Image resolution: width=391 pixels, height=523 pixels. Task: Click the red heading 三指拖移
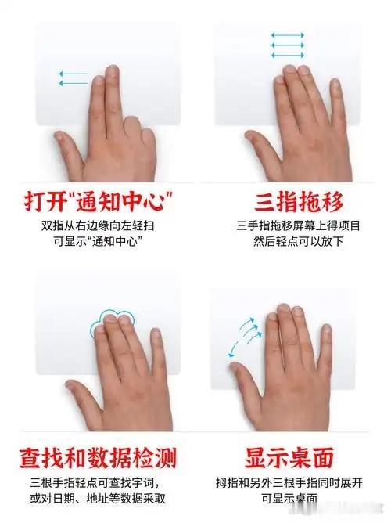tap(299, 202)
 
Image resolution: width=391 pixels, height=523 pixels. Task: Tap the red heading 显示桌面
tap(289, 457)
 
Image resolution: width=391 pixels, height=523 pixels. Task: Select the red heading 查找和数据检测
tap(98, 457)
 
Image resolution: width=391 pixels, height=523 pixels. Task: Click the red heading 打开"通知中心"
tap(99, 201)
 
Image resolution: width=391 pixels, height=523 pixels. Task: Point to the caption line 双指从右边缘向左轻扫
tap(98, 225)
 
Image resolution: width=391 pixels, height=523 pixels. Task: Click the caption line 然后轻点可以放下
tap(298, 241)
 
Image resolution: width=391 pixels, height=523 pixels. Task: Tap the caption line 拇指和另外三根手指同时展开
tap(289, 482)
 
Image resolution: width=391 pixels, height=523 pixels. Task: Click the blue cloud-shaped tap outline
tap(112, 321)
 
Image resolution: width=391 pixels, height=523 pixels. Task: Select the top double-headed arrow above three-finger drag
tap(288, 35)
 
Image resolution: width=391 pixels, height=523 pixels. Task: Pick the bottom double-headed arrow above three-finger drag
tap(288, 55)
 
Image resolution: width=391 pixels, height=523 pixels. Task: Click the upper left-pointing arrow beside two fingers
tap(73, 74)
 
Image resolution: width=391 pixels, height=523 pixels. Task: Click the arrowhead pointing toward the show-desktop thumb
tap(231, 355)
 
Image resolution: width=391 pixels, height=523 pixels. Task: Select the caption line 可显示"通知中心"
tap(96, 241)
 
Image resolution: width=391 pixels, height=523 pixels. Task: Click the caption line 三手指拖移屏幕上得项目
tap(299, 225)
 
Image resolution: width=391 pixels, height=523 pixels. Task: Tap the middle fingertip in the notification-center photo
tap(113, 70)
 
